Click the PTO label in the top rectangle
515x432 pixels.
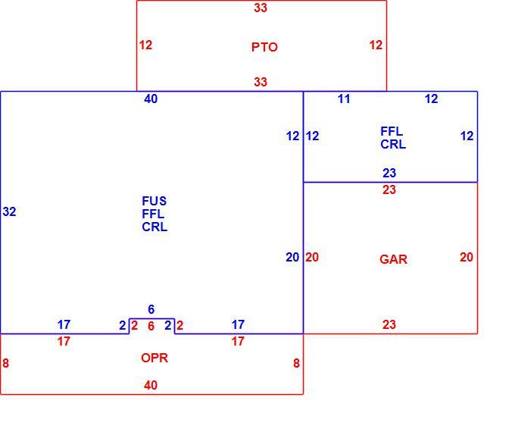click(x=264, y=47)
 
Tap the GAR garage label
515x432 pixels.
click(x=393, y=259)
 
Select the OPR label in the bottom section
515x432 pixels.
click(x=154, y=358)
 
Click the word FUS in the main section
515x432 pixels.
click(x=154, y=201)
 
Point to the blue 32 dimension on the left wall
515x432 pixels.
click(x=9, y=211)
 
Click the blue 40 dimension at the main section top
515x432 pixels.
click(x=151, y=99)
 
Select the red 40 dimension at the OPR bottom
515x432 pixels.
click(x=151, y=385)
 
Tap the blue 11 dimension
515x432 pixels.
click(x=344, y=99)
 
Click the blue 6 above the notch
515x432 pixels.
click(x=151, y=309)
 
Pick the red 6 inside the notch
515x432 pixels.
click(x=151, y=326)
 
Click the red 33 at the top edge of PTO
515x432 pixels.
click(x=261, y=8)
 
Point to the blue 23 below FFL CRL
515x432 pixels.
click(x=389, y=173)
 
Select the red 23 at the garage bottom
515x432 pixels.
click(x=389, y=324)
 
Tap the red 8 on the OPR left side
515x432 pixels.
click(x=5, y=363)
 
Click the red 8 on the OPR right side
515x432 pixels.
click(x=296, y=363)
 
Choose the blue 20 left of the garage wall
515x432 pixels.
click(x=292, y=257)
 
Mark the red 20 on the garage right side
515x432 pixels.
click(x=467, y=257)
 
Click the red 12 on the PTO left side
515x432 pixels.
click(x=145, y=45)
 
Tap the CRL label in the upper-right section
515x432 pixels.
click(x=393, y=144)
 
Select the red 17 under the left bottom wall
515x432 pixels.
click(x=64, y=341)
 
